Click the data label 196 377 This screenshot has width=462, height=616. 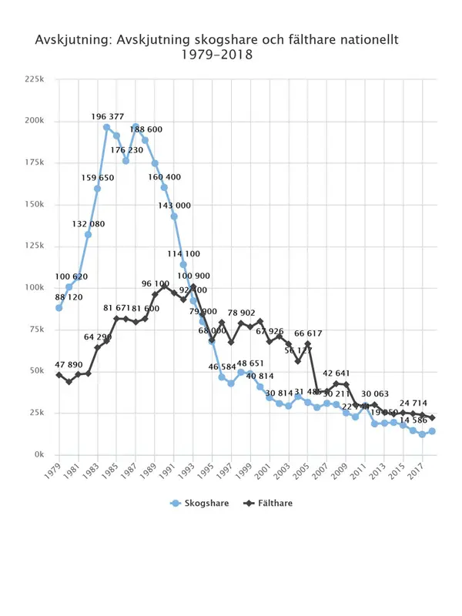click(107, 117)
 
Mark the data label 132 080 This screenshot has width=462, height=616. click(88, 224)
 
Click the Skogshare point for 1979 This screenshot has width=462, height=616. click(59, 308)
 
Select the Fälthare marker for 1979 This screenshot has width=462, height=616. click(59, 375)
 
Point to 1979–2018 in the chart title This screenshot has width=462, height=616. click(216, 56)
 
